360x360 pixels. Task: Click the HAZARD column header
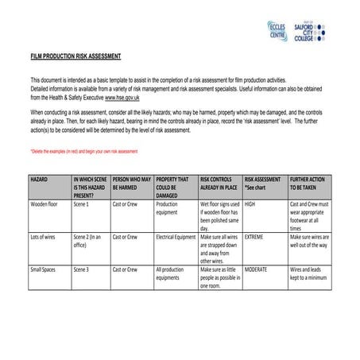[39, 180]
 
